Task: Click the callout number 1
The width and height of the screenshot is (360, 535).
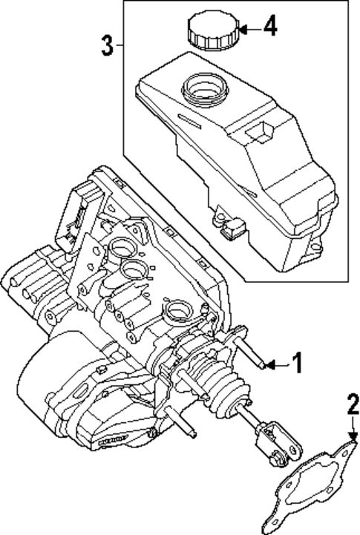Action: [296, 364]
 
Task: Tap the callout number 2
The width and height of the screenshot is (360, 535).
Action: [353, 404]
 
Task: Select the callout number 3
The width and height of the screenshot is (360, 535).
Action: [108, 46]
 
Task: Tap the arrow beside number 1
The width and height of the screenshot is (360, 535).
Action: [275, 364]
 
